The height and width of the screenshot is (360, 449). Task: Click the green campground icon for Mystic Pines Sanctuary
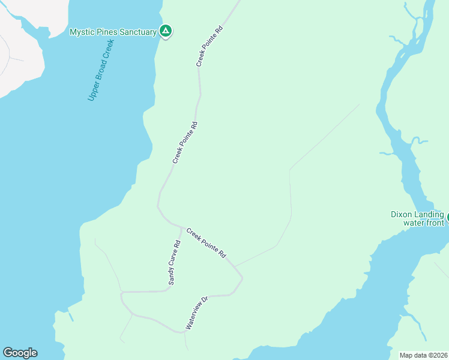point(166,31)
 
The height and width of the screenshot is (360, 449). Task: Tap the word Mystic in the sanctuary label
point(82,32)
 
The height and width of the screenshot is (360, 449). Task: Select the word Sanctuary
point(137,32)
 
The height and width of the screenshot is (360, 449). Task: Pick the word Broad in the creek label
point(100,74)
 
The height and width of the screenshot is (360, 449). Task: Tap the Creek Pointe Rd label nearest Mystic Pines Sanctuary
point(209,46)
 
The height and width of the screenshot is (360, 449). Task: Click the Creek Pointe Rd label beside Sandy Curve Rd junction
point(206,243)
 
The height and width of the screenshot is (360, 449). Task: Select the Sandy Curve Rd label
point(174,262)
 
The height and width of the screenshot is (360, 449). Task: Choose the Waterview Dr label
point(196,313)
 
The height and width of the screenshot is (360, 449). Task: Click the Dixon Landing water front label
point(417,218)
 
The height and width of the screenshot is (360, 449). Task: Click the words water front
point(423,223)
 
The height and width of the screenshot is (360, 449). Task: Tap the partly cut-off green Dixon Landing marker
point(447,217)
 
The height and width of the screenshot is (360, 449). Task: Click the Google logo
point(20,353)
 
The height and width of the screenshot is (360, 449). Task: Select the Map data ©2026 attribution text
point(424,355)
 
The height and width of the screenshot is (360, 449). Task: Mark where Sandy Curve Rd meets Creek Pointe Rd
point(181,226)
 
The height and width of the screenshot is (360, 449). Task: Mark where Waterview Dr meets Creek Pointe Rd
point(243,278)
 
